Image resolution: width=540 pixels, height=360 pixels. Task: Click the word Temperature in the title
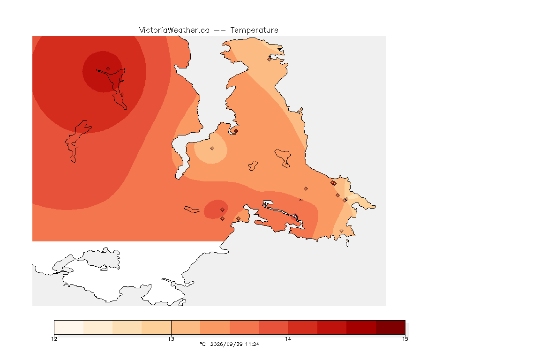(x=254, y=30)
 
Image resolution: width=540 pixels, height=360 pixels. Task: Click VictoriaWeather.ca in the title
(x=174, y=30)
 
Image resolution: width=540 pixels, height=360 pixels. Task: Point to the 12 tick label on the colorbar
(x=54, y=339)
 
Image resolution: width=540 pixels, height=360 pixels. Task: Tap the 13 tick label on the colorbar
(x=171, y=339)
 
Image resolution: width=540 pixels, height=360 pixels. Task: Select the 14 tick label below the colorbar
(x=288, y=339)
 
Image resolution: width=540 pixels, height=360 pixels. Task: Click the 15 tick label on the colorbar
(x=405, y=339)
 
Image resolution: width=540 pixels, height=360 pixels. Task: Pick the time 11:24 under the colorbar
(x=252, y=344)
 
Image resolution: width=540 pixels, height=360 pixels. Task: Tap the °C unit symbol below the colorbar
(x=202, y=344)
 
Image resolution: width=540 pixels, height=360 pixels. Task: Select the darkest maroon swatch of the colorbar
(x=390, y=327)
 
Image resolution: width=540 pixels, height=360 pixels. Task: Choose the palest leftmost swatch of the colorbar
(x=69, y=327)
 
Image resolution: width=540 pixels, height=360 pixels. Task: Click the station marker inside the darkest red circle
(x=108, y=69)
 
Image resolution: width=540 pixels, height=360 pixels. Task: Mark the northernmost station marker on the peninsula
(x=270, y=59)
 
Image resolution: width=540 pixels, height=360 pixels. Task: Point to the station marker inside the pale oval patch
(x=212, y=149)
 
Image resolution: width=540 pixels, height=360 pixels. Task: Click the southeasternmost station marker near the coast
(x=341, y=231)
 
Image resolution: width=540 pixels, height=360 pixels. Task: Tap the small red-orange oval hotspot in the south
(x=216, y=209)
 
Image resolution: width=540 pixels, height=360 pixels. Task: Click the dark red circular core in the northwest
(x=103, y=72)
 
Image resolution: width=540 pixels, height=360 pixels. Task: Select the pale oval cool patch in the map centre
(x=210, y=149)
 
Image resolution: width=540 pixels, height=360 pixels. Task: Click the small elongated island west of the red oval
(x=192, y=210)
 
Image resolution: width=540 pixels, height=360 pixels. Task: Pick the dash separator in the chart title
(x=220, y=30)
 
